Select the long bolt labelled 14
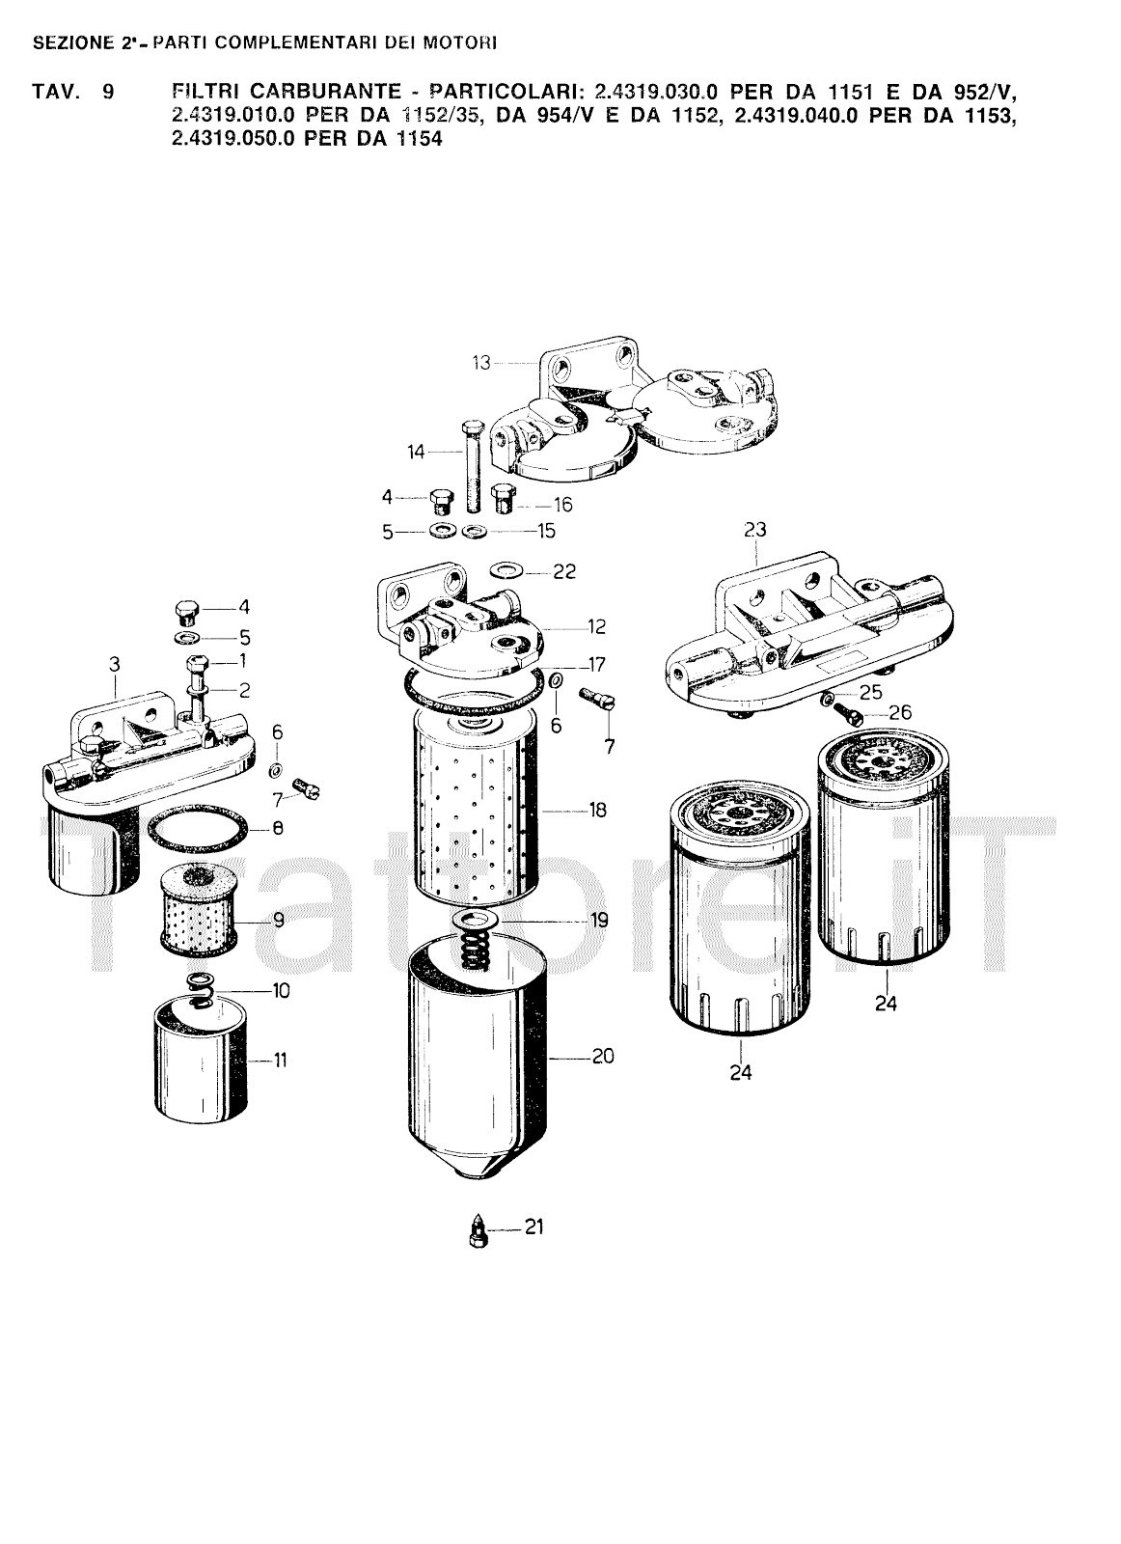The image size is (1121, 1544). click(472, 465)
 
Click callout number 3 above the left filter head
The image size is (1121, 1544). click(115, 665)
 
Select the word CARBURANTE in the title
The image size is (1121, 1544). click(286, 91)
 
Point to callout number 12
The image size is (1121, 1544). click(596, 626)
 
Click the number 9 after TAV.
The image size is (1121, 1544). click(108, 91)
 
